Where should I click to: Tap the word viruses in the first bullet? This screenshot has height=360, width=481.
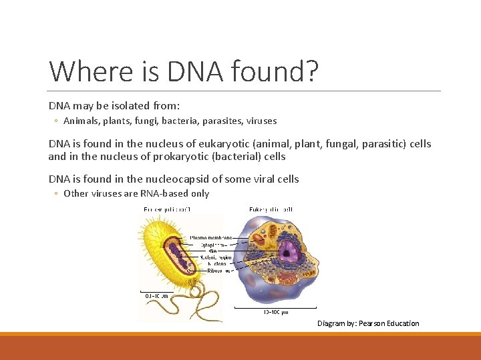[x=261, y=121]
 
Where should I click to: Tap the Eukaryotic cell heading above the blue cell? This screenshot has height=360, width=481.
[x=271, y=209]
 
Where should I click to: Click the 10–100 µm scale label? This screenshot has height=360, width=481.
[x=275, y=312]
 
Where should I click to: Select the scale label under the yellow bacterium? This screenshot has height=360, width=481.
[x=156, y=295]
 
